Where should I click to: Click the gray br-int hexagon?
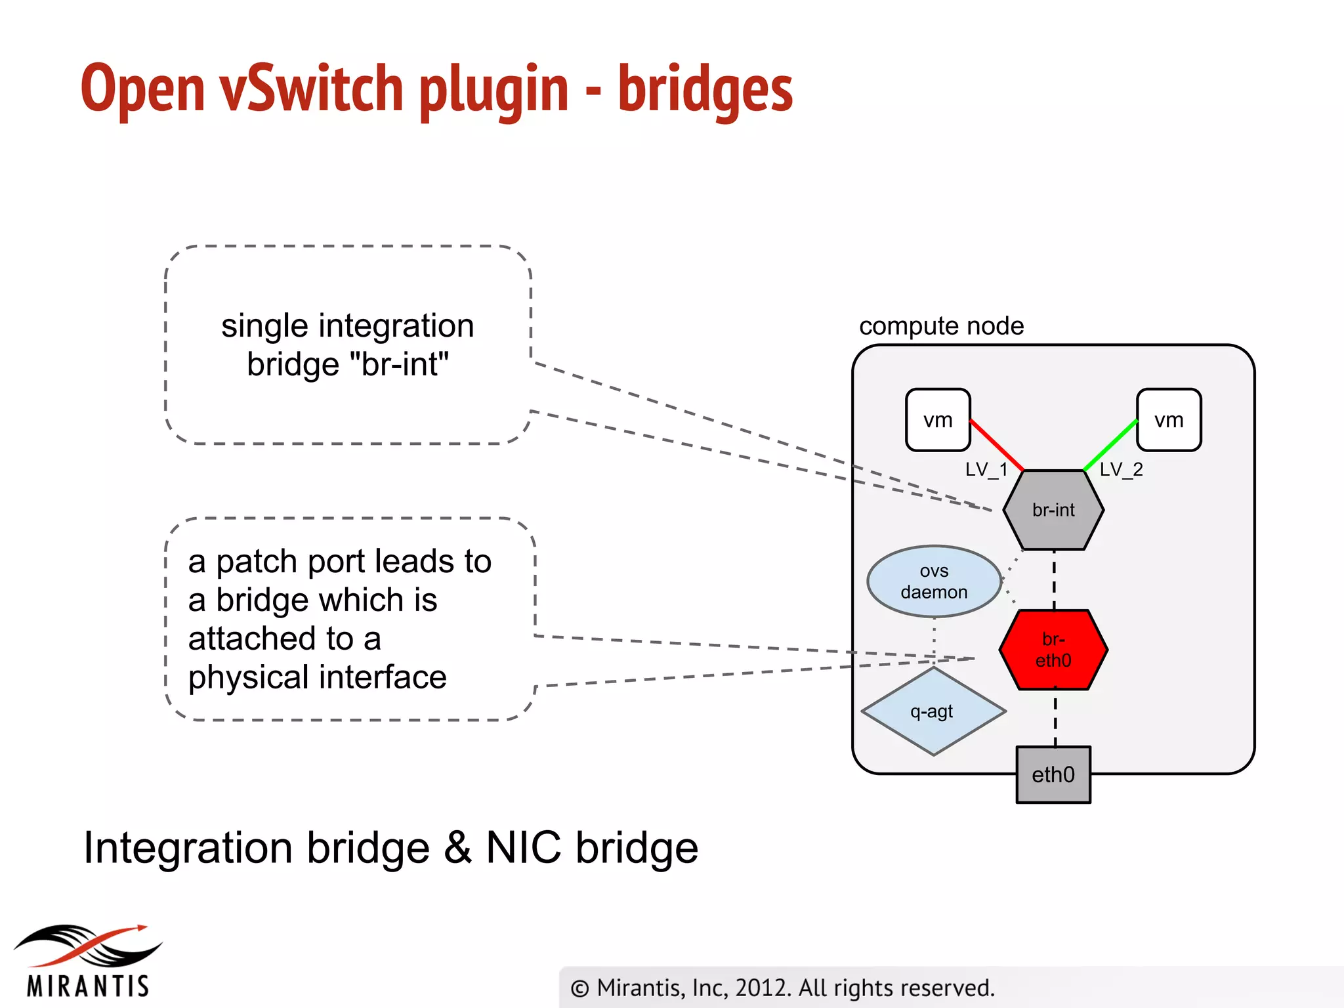tap(1053, 510)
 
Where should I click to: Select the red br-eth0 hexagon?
tap(1053, 650)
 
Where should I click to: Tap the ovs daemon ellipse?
tap(934, 581)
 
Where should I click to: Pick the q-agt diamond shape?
tap(933, 711)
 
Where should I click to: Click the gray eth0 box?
tap(1053, 774)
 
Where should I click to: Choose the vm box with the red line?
tap(938, 420)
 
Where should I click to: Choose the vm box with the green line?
tap(1169, 420)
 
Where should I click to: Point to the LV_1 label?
tap(986, 469)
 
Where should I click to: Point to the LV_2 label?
tap(1121, 469)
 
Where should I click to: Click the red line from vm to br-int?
tap(996, 445)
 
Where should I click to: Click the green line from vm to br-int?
tap(1110, 445)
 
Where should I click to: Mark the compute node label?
tap(941, 325)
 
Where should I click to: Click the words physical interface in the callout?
tap(317, 677)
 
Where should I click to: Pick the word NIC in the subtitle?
tap(523, 847)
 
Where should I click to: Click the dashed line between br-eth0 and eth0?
tap(1055, 718)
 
